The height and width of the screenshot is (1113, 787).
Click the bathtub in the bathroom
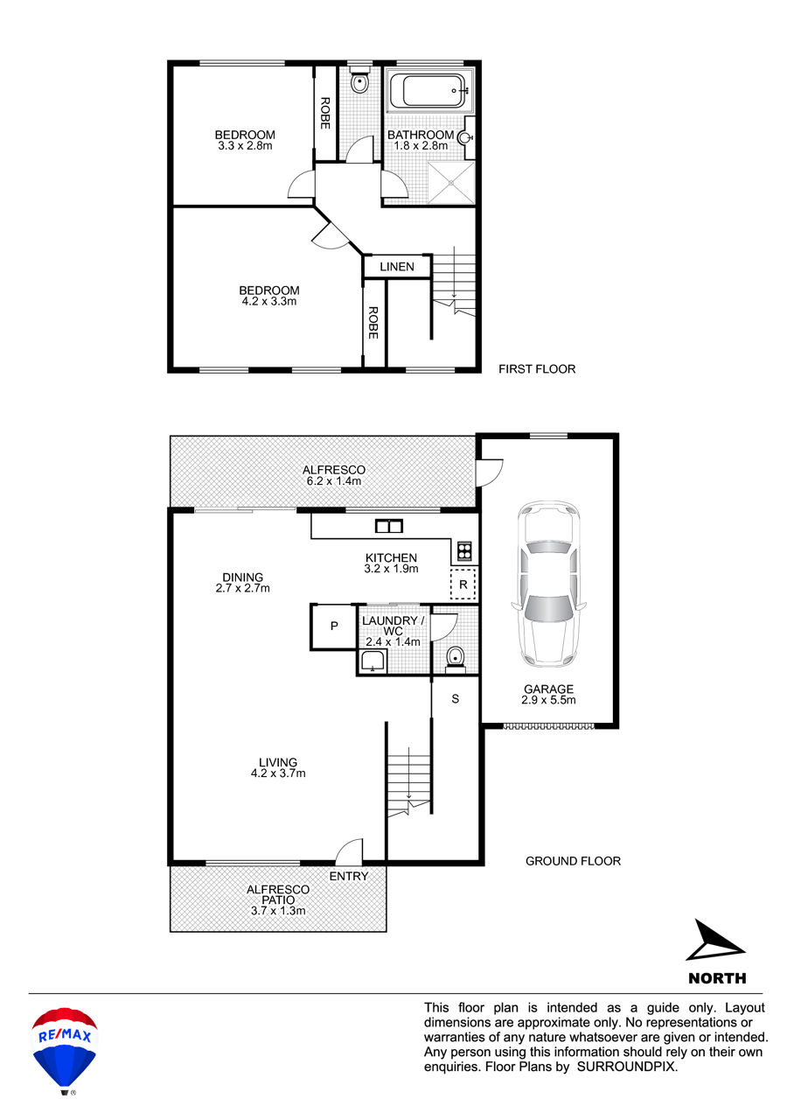(x=428, y=91)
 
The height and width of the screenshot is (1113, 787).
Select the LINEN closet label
(x=397, y=267)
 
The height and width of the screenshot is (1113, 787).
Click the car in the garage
(x=548, y=584)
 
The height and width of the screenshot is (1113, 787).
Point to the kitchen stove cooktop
(x=464, y=551)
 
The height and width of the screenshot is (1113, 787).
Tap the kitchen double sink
(x=389, y=526)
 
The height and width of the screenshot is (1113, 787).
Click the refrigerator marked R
(x=463, y=584)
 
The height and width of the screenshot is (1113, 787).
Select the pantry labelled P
(x=334, y=626)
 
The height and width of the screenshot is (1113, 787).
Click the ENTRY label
(x=349, y=876)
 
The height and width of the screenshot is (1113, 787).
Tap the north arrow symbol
(x=715, y=940)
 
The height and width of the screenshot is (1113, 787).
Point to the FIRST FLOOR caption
(x=537, y=369)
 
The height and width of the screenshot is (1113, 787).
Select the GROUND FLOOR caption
(x=573, y=861)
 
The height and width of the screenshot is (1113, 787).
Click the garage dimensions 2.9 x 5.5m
(x=548, y=700)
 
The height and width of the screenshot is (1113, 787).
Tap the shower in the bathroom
(x=451, y=182)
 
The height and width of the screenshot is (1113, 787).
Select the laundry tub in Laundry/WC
(x=372, y=662)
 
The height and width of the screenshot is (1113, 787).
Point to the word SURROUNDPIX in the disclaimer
(x=627, y=1067)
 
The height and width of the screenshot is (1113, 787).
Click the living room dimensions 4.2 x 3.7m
(x=278, y=773)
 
